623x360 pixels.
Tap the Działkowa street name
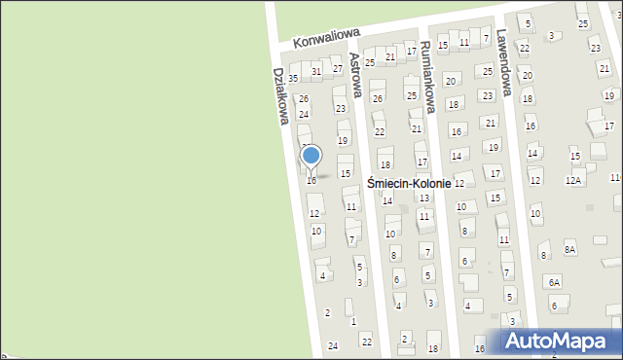pos(280,95)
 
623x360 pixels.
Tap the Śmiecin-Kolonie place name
pos(408,183)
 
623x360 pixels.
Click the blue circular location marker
pos(311,156)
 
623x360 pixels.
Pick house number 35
pos(292,78)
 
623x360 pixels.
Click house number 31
pos(316,72)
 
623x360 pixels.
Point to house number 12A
pos(573,180)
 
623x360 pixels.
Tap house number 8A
pos(569,250)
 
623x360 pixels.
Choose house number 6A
pos(554,282)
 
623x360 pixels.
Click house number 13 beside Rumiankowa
pos(423,198)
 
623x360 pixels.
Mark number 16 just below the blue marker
pos(311,180)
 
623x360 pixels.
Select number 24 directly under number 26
pos(304,115)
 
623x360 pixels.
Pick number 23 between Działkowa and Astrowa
pos(339,107)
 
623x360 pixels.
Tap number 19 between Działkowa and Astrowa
pos(342,140)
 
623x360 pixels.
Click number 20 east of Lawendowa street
pos(527,75)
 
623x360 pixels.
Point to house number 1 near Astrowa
pos(352,321)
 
